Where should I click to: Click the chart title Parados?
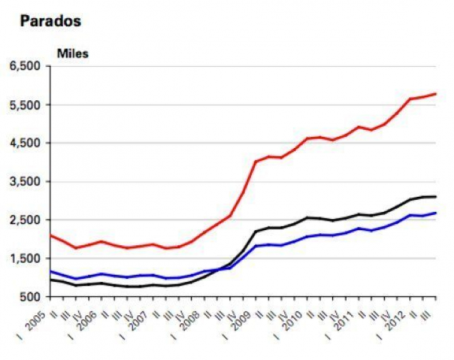click(x=50, y=21)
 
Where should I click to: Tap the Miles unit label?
click(x=73, y=54)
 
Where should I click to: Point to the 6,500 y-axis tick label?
click(x=24, y=66)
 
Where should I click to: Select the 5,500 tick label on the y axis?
click(x=24, y=105)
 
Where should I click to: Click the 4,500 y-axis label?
click(x=24, y=143)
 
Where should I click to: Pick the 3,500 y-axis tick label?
click(x=24, y=182)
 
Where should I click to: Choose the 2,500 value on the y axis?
click(x=24, y=220)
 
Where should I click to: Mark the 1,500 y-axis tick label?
click(x=24, y=258)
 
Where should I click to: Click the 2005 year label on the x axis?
click(x=37, y=318)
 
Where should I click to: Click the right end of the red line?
click(x=436, y=94)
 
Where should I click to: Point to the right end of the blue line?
click(x=436, y=213)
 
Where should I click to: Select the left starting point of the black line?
click(x=50, y=279)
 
